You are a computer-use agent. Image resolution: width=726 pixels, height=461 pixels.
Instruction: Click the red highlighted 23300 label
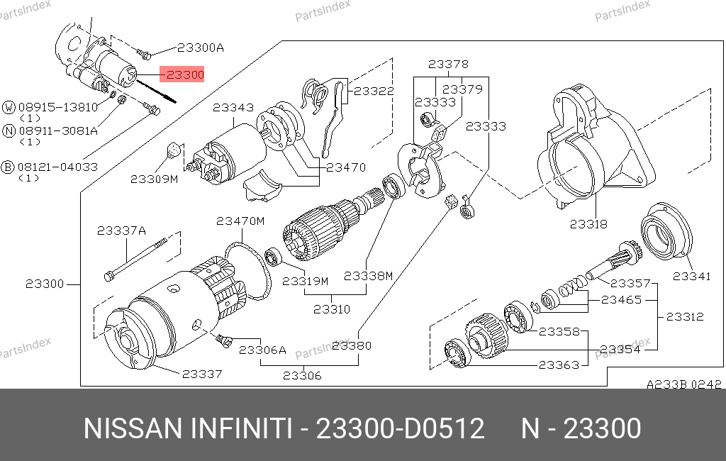pos(184,74)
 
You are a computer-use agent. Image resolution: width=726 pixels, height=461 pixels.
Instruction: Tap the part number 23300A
pos(200,48)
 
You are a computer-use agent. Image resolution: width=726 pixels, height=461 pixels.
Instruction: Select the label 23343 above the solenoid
pos(233,108)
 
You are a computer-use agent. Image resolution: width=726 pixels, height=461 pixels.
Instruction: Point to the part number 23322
pos(374,91)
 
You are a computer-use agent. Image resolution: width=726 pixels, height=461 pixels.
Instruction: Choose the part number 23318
pos(588,224)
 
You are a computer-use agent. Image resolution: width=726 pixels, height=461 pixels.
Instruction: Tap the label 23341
pos(691,276)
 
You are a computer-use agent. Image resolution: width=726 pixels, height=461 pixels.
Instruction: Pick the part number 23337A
pos(121,230)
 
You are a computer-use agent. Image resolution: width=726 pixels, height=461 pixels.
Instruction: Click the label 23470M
pos(240,221)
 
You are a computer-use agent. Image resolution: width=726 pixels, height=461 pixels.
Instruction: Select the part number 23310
pos(332,310)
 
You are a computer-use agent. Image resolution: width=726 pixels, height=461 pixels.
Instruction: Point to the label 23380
pos(352,346)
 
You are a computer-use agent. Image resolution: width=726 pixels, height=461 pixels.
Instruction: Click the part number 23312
pos(684,317)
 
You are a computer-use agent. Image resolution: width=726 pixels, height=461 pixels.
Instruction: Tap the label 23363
pos(559,365)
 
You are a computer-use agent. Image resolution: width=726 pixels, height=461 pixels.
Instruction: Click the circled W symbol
pos(9,108)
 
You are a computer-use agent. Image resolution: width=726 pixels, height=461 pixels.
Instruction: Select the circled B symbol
pos(9,167)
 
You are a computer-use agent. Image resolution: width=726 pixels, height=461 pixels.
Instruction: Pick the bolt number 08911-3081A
pos(58,130)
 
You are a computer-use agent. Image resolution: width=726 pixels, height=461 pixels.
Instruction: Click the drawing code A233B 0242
pos(683,384)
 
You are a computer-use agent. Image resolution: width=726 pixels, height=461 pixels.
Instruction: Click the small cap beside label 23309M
pos(173,150)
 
